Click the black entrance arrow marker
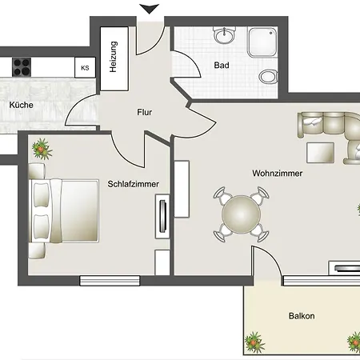[x=150, y=9]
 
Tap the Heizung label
[x=113, y=57]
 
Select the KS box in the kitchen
[x=85, y=68]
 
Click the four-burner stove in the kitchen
[x=22, y=66]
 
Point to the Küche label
[x=22, y=105]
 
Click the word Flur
[x=145, y=112]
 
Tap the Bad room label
[x=222, y=65]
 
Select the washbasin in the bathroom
[x=225, y=34]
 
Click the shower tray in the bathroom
[x=262, y=42]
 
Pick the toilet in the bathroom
[x=268, y=77]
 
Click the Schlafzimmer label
[x=134, y=184]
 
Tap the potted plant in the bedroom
[x=42, y=149]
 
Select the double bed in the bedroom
[x=64, y=210]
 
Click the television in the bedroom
[x=162, y=216]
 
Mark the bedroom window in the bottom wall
[x=110, y=281]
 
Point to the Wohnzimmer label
[x=278, y=174]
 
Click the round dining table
[x=241, y=214]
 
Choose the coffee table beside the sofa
[x=320, y=153]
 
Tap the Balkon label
[x=302, y=316]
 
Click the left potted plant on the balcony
[x=254, y=342]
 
